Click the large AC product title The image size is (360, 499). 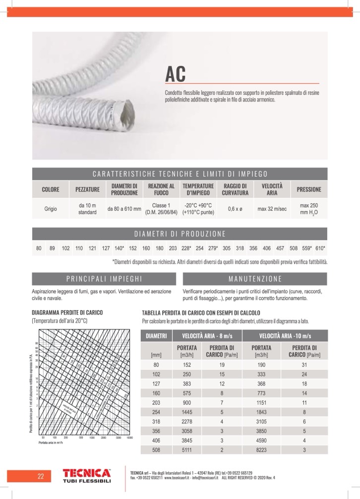[176, 74]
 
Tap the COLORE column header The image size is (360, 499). [51, 189]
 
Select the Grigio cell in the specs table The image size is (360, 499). [51, 209]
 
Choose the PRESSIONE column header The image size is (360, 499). [308, 189]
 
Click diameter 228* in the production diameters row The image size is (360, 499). [186, 248]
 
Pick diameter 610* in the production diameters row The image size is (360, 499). [320, 248]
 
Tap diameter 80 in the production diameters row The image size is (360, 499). [39, 248]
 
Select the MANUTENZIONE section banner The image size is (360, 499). [255, 278]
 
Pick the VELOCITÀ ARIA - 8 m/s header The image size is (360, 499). [206, 335]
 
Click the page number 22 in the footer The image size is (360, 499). [41, 477]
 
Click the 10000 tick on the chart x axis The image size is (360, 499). [130, 438]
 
